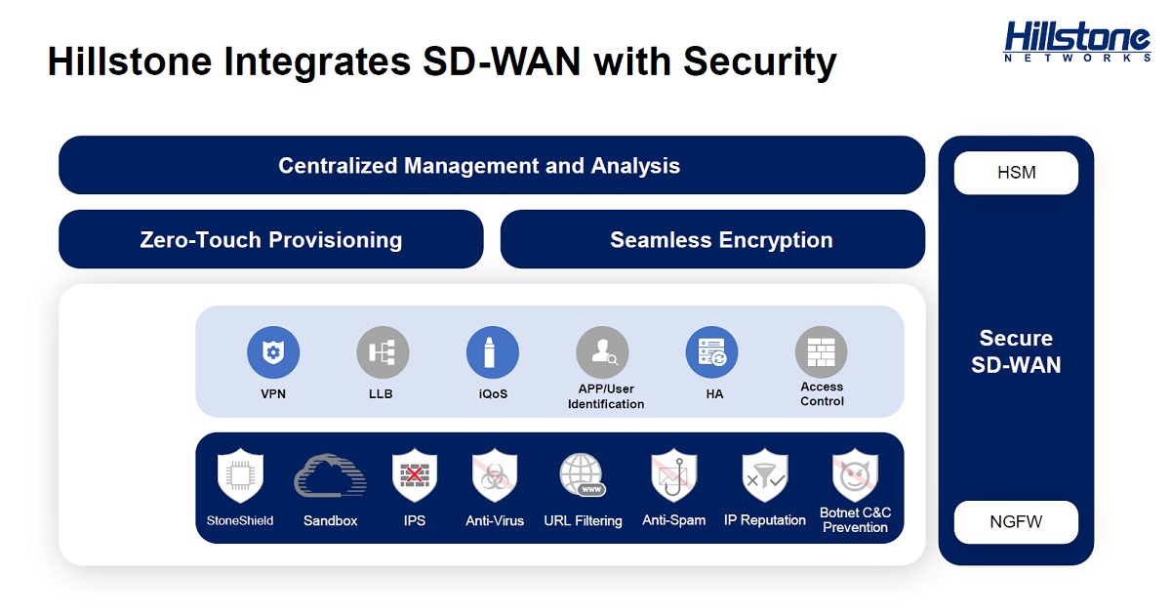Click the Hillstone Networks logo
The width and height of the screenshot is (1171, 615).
1077,42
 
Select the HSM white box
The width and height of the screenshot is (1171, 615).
1016,173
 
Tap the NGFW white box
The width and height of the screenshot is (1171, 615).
1016,522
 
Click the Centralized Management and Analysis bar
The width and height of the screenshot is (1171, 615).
492,165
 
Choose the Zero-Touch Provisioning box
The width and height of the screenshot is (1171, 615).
271,239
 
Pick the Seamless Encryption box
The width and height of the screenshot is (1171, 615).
712,239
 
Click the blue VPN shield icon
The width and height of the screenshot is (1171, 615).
273,352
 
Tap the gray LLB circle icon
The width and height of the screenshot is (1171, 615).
383,352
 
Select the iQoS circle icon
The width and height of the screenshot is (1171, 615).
493,352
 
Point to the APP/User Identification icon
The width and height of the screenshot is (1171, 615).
602,352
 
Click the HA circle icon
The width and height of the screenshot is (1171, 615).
711,352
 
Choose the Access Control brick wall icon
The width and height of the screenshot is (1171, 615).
822,352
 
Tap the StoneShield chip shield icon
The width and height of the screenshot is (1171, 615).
240,475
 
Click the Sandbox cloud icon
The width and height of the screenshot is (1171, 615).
331,475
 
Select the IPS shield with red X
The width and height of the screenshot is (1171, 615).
415,475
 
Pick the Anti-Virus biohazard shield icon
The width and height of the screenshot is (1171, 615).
495,475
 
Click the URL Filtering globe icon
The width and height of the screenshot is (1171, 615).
583,474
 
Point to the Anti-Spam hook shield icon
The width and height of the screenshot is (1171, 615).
674,475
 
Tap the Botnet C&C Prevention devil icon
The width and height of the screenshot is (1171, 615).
855,475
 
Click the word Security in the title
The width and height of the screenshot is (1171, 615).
760,62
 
